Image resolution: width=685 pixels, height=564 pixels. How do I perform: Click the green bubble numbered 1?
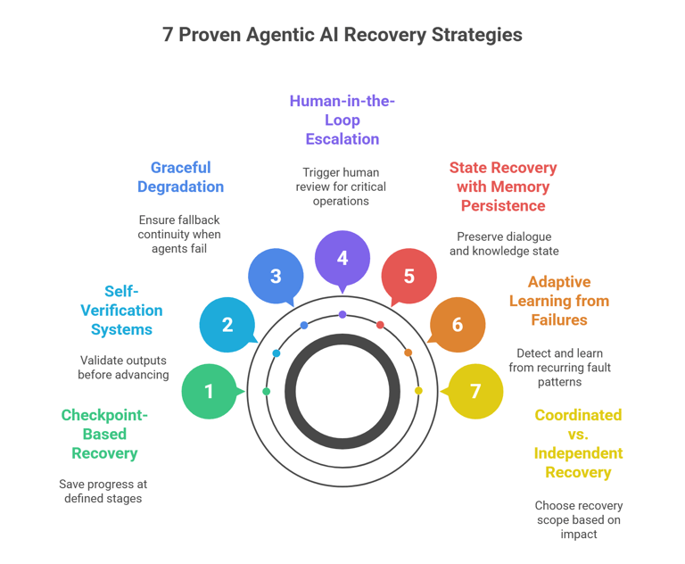click(x=209, y=391)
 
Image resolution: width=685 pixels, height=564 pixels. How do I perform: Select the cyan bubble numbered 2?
click(x=227, y=325)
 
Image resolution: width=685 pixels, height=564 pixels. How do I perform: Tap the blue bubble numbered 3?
click(x=276, y=276)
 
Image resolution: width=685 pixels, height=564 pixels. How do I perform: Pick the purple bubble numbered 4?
click(x=342, y=258)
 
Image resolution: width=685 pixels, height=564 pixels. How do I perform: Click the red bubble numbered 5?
click(x=409, y=276)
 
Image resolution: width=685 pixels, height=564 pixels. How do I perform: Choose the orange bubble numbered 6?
click(x=458, y=325)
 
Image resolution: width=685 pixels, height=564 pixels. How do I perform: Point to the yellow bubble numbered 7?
click(x=475, y=391)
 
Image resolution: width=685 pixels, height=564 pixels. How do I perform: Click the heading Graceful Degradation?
click(x=180, y=177)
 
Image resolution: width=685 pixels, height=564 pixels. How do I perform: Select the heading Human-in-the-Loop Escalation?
click(x=342, y=120)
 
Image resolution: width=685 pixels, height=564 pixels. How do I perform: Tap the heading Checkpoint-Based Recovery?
click(x=104, y=434)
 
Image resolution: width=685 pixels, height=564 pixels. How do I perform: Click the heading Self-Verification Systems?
click(x=121, y=310)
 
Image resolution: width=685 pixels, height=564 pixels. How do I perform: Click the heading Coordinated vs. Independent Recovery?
click(x=578, y=444)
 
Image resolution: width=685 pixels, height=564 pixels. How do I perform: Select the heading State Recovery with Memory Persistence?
click(x=503, y=187)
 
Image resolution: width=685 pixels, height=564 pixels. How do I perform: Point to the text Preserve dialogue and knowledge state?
click(x=503, y=244)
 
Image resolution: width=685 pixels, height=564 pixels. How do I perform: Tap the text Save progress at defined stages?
click(x=104, y=491)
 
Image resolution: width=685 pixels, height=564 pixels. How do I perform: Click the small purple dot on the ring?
click(x=342, y=315)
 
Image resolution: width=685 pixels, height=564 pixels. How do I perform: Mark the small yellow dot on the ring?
click(x=418, y=391)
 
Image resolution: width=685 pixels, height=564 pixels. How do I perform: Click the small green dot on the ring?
click(x=267, y=392)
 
